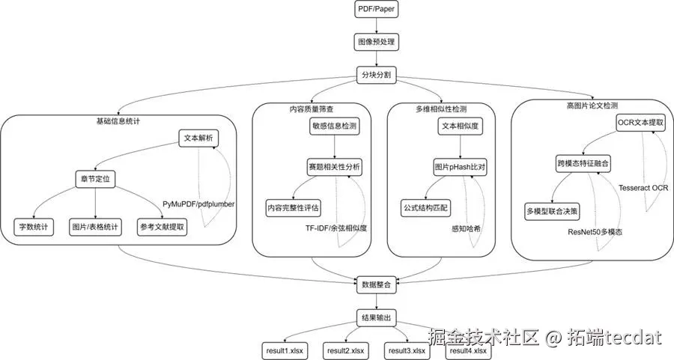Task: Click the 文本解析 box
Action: click(x=198, y=138)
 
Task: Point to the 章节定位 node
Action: click(x=96, y=180)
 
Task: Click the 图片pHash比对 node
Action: click(x=460, y=167)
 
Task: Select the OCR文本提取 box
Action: click(x=640, y=121)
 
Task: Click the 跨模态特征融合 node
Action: click(x=583, y=162)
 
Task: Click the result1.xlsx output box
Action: click(x=284, y=350)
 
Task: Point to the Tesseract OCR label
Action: click(x=643, y=187)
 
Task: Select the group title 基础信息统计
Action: click(x=118, y=120)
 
